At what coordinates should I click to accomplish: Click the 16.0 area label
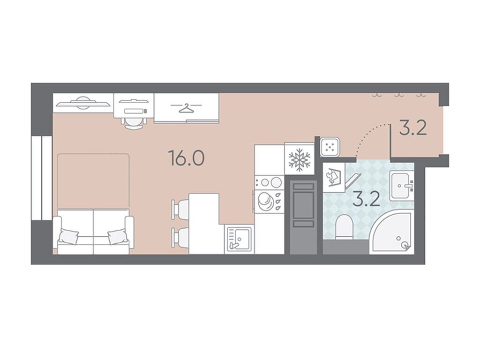[x=187, y=158]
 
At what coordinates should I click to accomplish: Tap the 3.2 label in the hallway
[x=412, y=128]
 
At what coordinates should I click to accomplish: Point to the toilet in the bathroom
[x=345, y=227]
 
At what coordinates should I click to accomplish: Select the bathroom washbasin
[x=401, y=186]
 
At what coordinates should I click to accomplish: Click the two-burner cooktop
[x=270, y=182]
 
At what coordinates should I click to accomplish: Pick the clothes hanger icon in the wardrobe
[x=186, y=108]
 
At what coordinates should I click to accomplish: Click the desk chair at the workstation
[x=134, y=123]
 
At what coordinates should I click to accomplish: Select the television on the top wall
[x=82, y=103]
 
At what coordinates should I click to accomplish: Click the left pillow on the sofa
[x=68, y=236]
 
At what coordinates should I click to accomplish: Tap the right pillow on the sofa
[x=118, y=236]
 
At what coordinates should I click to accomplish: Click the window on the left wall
[x=42, y=178]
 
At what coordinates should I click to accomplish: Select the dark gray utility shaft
[x=303, y=217]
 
